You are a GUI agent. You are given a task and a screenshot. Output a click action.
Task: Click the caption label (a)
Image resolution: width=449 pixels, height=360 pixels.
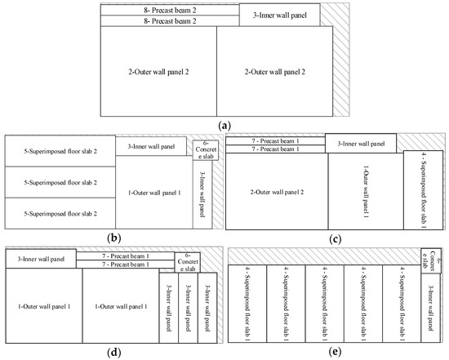[x=224, y=125]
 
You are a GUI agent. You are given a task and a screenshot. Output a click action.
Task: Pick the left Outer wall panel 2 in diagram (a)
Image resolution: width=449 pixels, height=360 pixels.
[x=158, y=71]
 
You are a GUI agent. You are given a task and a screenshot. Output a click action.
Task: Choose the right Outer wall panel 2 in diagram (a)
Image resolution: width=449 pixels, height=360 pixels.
[x=274, y=71]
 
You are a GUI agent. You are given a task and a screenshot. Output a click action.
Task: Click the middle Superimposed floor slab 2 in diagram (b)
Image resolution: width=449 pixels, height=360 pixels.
[x=59, y=182]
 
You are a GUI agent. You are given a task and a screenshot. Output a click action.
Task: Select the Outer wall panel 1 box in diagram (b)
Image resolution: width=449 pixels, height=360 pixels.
[x=153, y=192]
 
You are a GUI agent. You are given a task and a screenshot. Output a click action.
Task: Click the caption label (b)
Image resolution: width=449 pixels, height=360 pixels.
[x=110, y=238]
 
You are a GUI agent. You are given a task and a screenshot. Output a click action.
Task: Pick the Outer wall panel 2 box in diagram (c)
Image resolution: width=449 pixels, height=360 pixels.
[x=276, y=192]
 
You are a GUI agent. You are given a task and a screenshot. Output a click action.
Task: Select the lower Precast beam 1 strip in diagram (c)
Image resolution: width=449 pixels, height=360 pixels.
[x=275, y=149]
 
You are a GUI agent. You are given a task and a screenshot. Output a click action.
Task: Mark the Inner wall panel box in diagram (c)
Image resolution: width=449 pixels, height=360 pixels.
[x=361, y=143]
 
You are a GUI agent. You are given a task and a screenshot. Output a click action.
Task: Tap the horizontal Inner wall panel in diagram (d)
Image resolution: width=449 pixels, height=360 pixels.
[x=41, y=259]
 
